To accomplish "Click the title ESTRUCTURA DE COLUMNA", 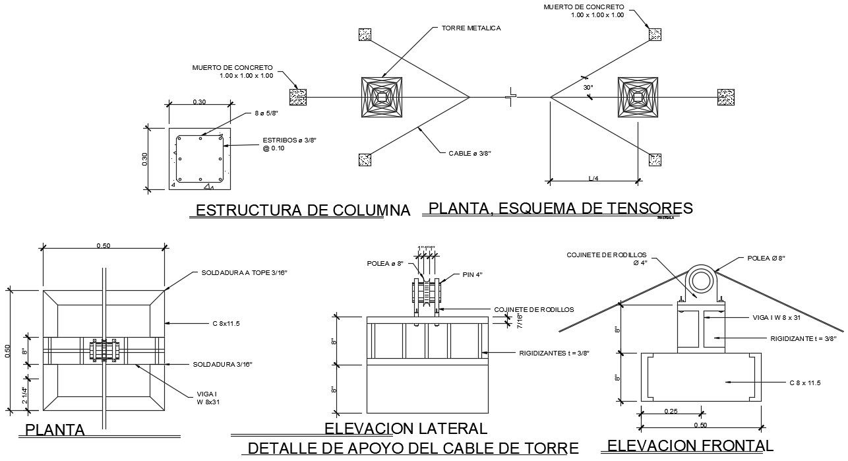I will tap(303, 210).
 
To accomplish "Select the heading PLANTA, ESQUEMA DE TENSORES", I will tap(560, 208).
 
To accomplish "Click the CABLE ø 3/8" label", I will tap(470, 153).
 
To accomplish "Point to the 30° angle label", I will tap(588, 87).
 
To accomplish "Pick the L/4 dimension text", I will tap(593, 178).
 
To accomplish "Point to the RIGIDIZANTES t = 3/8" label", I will tap(554, 353).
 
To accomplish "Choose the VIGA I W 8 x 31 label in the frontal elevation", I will tap(785, 317).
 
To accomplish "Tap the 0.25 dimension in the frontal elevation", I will tap(671, 411).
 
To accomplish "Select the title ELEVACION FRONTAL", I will tap(690, 446).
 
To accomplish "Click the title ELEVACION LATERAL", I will tap(406, 428).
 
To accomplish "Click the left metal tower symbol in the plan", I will tap(382, 98).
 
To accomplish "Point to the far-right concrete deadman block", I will tap(726, 98).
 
